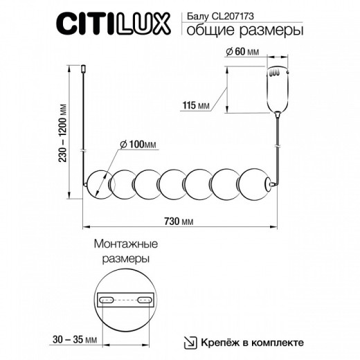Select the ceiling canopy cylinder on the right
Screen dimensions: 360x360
(x=278, y=89)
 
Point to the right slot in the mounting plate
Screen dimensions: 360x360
(x=144, y=300)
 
